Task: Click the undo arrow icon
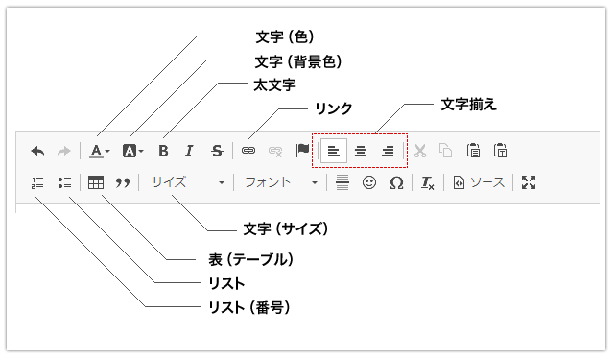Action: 38,151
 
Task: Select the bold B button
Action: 163,151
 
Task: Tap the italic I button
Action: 190,151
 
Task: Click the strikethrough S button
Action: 217,151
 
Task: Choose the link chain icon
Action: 248,151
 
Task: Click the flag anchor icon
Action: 302,150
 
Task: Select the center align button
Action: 361,151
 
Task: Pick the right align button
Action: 388,151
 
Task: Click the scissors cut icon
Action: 420,151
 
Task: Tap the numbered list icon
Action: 37,182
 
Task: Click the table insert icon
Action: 96,182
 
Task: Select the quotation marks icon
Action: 123,183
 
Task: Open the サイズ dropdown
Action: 188,182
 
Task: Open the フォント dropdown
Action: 280,182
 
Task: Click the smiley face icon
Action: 369,182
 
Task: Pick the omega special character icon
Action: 396,183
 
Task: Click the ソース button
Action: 479,182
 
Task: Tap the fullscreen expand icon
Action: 529,182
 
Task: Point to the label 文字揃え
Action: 469,105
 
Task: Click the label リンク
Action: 334,108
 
